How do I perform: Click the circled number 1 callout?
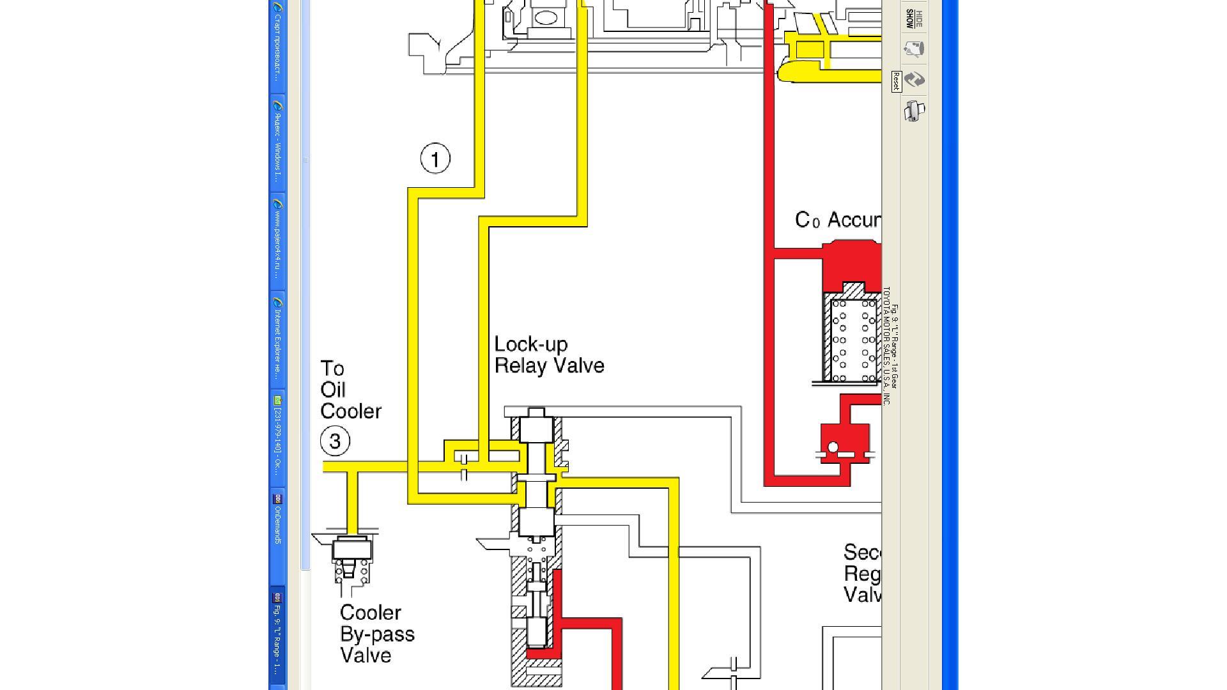[435, 158]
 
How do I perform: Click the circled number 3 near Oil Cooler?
[335, 441]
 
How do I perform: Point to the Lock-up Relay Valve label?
[548, 355]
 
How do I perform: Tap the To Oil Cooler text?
[350, 390]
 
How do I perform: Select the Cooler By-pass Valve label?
[377, 634]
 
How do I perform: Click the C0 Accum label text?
[837, 220]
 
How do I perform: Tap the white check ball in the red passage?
[833, 447]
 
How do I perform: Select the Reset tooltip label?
[896, 81]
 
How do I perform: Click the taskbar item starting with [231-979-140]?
[277, 438]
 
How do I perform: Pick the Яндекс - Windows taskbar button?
[277, 143]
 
